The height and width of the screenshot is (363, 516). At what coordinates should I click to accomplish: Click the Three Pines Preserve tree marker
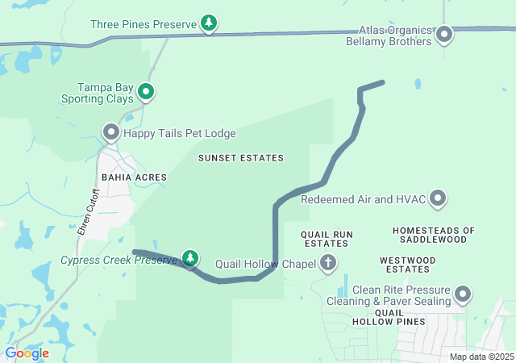[x=209, y=23]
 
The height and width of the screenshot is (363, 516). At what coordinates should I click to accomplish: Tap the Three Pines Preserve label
[x=143, y=24]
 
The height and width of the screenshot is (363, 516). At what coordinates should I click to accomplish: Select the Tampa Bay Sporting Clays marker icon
[x=146, y=92]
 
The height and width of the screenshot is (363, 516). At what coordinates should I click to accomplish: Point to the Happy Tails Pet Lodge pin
[x=111, y=131]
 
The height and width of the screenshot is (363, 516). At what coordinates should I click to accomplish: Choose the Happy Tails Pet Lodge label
[x=179, y=132]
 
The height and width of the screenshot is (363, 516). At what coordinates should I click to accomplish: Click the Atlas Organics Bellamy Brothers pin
[x=444, y=34]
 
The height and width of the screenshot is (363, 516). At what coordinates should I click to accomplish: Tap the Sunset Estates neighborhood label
[x=241, y=158]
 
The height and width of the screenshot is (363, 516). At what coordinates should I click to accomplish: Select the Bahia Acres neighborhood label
[x=134, y=177]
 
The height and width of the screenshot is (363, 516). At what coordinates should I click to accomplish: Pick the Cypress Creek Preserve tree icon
[x=189, y=258]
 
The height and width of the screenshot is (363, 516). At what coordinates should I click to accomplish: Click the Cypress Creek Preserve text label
[x=119, y=260]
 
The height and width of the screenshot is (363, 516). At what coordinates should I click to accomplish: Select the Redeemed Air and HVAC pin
[x=438, y=198]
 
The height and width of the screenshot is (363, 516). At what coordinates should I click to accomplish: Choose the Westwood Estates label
[x=406, y=265]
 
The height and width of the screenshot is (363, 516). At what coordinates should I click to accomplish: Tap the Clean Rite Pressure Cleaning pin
[x=463, y=294]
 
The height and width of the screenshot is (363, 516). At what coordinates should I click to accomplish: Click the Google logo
[x=27, y=353]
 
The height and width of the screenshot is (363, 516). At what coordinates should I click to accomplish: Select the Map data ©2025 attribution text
[x=481, y=357]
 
